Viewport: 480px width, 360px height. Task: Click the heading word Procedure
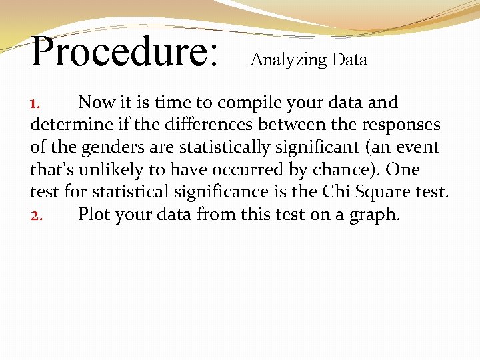124,52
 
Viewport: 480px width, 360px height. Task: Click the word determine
70,125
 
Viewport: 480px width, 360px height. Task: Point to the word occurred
249,170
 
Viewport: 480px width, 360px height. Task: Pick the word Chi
337,192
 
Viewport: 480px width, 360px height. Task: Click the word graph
373,215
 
